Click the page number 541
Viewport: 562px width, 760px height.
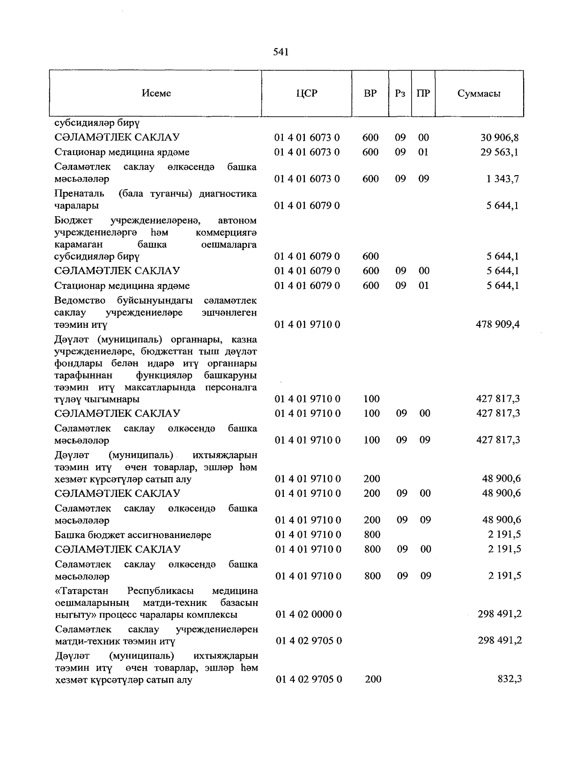tap(281, 52)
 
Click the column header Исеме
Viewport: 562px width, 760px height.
tap(156, 93)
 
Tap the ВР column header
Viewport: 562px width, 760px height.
tap(370, 93)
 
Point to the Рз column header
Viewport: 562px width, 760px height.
tap(399, 93)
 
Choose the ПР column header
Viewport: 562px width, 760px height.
tap(423, 93)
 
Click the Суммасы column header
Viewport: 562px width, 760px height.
tap(479, 93)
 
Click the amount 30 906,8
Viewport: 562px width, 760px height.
tap(499, 138)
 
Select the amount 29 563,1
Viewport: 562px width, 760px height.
tap(499, 152)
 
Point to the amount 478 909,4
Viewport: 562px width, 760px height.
tap(497, 325)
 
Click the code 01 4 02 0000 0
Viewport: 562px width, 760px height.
tap(309, 614)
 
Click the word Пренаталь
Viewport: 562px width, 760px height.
tap(76, 194)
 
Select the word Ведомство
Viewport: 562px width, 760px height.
tap(80, 300)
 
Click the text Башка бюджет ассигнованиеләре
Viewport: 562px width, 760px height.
tap(133, 535)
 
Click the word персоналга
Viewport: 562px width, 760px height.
tap(231, 387)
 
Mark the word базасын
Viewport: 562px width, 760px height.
tap(239, 603)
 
